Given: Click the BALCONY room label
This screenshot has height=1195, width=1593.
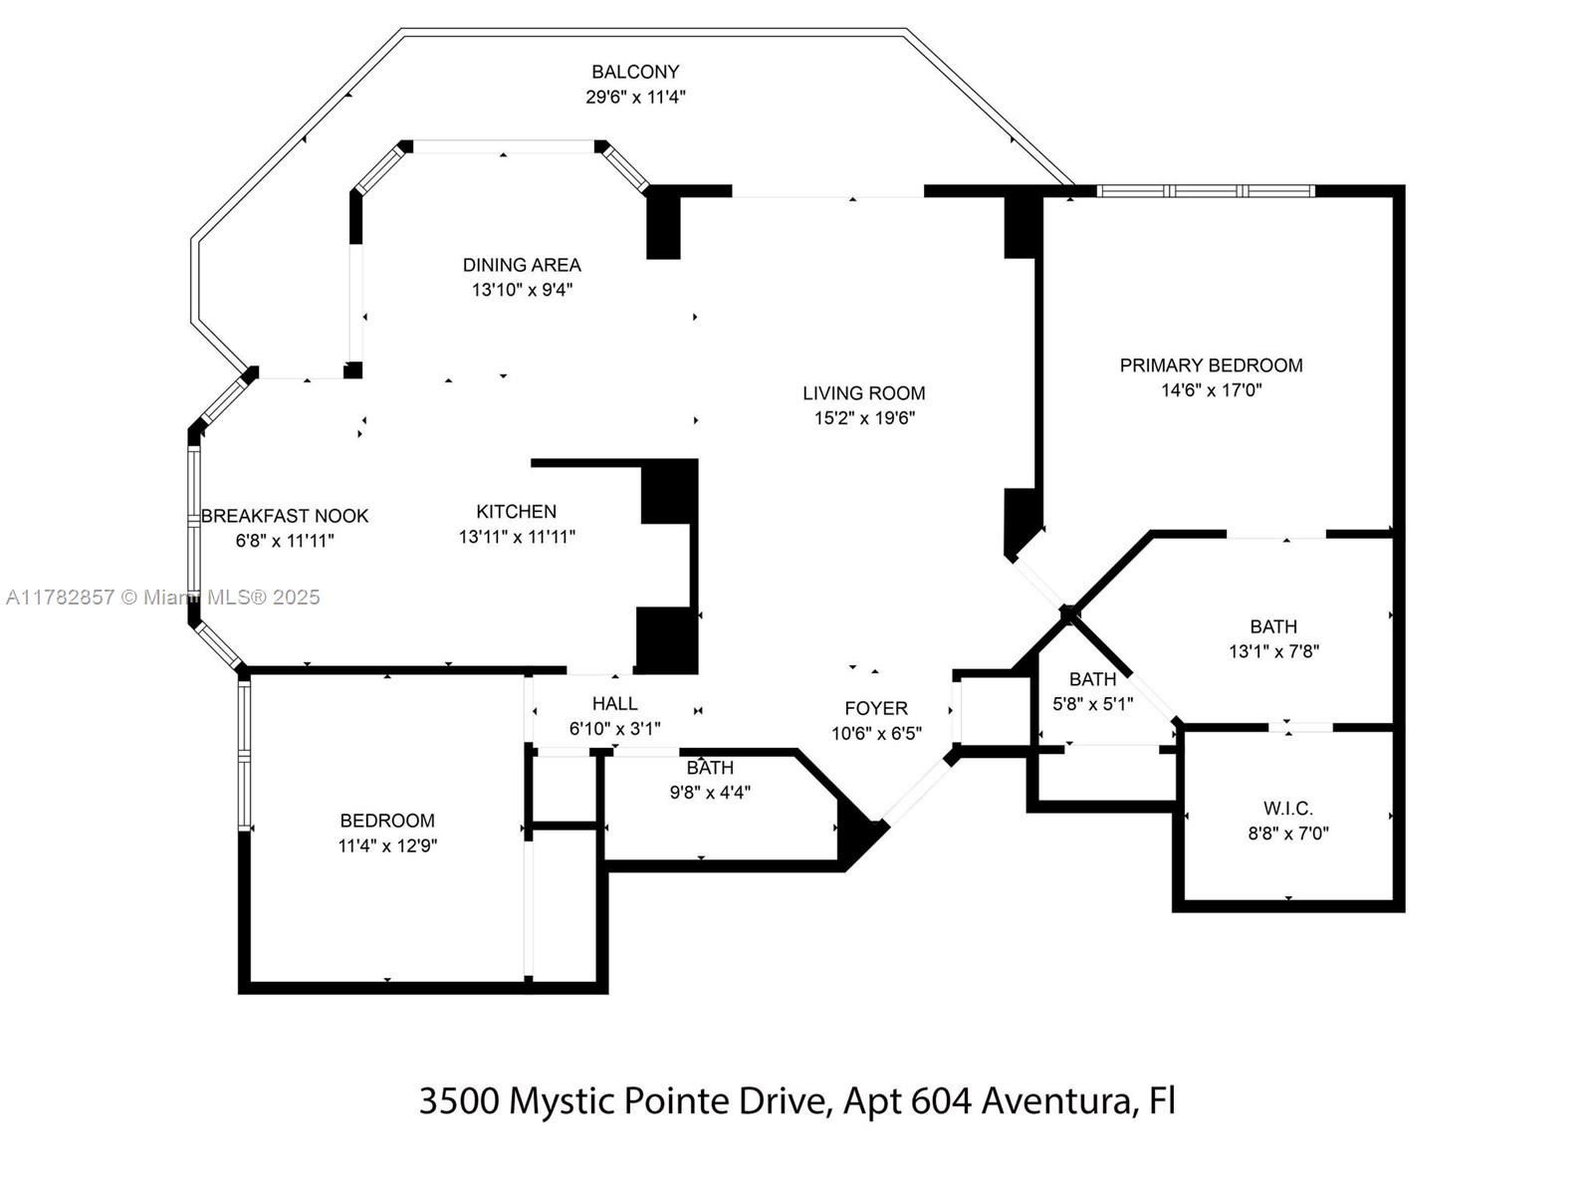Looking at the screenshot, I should tap(635, 72).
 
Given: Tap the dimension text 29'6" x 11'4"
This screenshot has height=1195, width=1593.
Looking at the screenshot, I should tap(635, 98).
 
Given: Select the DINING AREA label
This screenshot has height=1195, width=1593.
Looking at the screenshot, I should tap(522, 265).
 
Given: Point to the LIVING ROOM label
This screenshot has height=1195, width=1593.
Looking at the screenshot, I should tap(864, 393).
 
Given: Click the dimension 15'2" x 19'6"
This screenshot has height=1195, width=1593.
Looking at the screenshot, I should tap(864, 418).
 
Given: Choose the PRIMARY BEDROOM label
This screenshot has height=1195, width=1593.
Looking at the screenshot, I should tap(1211, 365).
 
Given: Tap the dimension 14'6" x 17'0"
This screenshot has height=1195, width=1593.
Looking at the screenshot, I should tap(1211, 390).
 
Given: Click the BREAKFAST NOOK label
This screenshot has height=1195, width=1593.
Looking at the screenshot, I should tap(285, 516).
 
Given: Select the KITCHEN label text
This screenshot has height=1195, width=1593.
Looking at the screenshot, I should tap(516, 512).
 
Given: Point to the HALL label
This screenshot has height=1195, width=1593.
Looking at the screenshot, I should tap(614, 704).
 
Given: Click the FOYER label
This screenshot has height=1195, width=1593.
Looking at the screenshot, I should tap(876, 708).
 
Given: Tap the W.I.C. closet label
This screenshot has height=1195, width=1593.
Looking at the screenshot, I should tap(1288, 809).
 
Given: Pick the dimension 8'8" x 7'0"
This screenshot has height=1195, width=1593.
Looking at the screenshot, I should tap(1288, 834).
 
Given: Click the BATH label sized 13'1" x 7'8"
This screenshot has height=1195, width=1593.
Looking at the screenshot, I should tap(1273, 626).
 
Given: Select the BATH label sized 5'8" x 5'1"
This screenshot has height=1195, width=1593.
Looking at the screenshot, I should tap(1092, 679).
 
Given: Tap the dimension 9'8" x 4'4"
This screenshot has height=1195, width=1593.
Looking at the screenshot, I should tap(710, 793).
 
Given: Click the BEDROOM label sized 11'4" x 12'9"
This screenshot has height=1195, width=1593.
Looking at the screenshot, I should tap(387, 821).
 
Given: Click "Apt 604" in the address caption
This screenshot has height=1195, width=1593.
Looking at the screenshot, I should tap(907, 1101).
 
